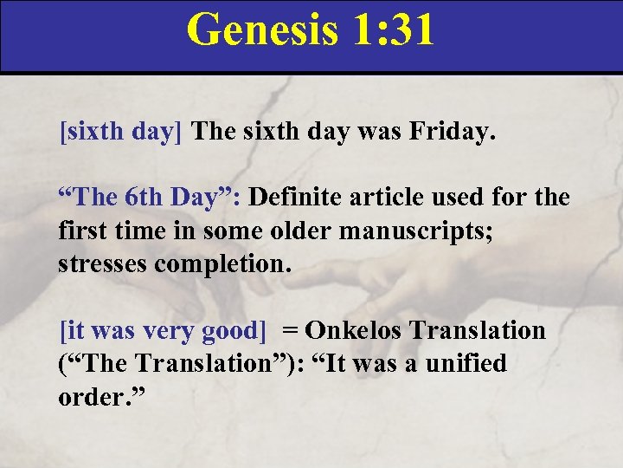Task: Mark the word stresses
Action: click(x=103, y=263)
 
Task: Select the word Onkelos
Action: click(x=356, y=330)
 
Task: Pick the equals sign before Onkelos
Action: click(x=290, y=330)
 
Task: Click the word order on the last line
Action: click(x=90, y=396)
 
